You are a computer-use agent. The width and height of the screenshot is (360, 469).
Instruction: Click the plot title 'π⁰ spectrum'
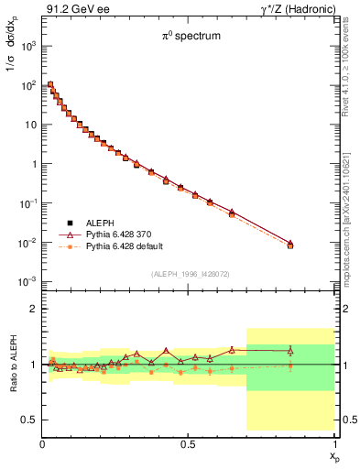click(x=188, y=38)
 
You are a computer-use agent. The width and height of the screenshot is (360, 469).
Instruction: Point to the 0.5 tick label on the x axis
click(x=188, y=443)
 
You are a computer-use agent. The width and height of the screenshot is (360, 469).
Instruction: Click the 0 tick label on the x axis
click(x=42, y=443)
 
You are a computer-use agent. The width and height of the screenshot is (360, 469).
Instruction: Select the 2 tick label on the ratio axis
click(x=33, y=309)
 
